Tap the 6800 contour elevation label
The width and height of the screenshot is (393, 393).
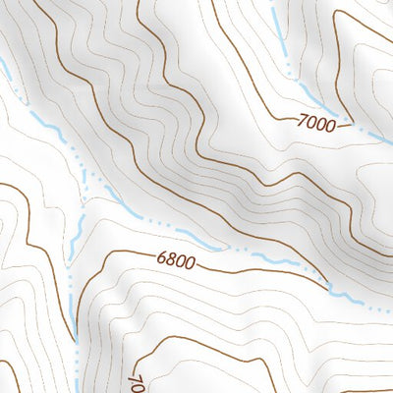point(176,262)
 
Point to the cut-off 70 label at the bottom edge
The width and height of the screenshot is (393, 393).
point(137,380)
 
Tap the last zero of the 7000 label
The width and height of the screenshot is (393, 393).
point(335,126)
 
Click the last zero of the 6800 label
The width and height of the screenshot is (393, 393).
point(191,264)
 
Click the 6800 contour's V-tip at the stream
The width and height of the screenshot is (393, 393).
point(330,288)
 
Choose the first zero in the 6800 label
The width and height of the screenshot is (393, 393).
point(181,262)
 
